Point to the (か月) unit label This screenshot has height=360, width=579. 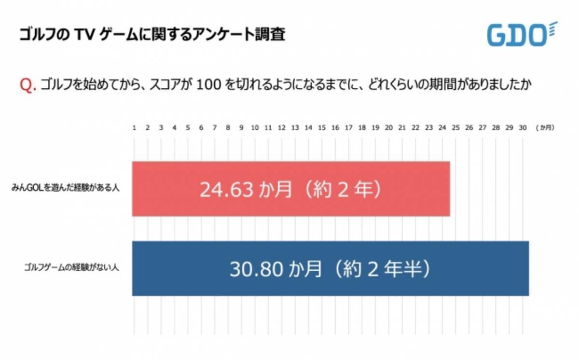click(545, 128)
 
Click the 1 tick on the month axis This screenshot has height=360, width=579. click(134, 128)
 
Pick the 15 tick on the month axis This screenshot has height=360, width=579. click(322, 128)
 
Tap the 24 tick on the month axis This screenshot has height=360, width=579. click(442, 128)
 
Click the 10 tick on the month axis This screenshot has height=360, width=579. click(255, 128)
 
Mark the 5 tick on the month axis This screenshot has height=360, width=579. click(188, 128)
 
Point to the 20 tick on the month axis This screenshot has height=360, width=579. click(388, 128)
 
